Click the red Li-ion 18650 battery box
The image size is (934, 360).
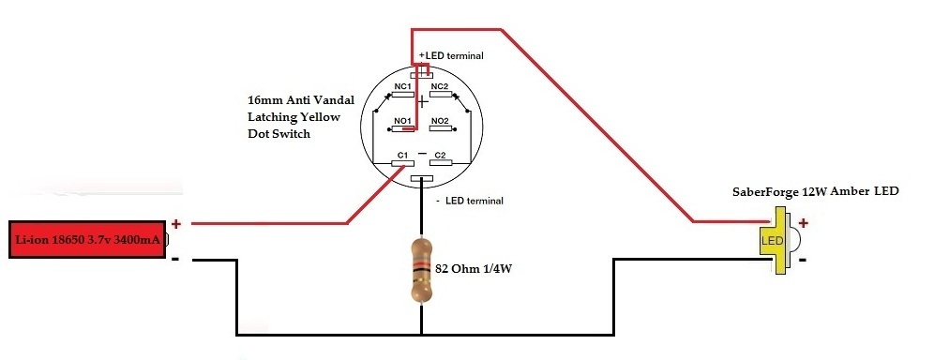click(88, 240)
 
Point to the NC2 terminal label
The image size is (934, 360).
click(439, 86)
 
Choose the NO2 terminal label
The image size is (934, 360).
click(439, 121)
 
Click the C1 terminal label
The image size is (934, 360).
click(401, 155)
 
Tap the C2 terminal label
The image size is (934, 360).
click(440, 155)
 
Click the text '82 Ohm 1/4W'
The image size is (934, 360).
click(474, 269)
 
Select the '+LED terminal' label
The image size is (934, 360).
click(451, 56)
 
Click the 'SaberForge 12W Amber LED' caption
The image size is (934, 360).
click(815, 191)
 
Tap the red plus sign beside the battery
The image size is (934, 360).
click(175, 224)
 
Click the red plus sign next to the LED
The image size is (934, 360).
click(803, 222)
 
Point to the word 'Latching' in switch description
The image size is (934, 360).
click(267, 116)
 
